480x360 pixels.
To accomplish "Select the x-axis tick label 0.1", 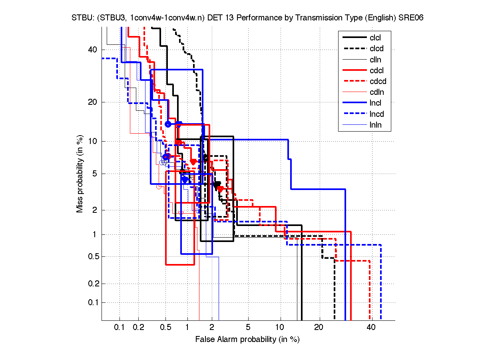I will tap(120, 327).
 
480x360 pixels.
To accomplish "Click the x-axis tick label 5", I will tap(248, 327).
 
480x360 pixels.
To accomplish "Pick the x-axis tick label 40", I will tap(371, 327).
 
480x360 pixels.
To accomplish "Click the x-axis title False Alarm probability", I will tap(247, 339).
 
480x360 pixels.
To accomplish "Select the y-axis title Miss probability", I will tap(80, 174).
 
